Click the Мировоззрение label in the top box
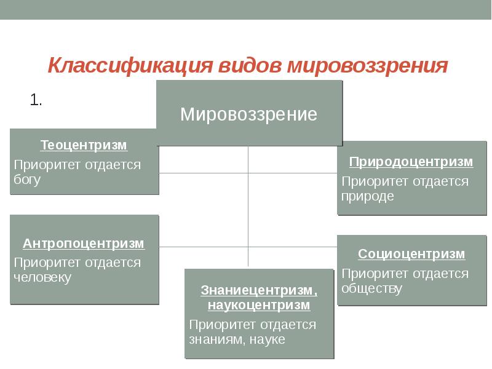pos(248,114)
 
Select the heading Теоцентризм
pos(84,146)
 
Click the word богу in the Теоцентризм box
pos(27,180)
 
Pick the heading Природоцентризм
pos(411,162)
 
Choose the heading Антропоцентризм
pos(84,244)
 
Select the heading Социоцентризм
pos(411,254)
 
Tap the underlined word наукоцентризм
pos(258,304)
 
